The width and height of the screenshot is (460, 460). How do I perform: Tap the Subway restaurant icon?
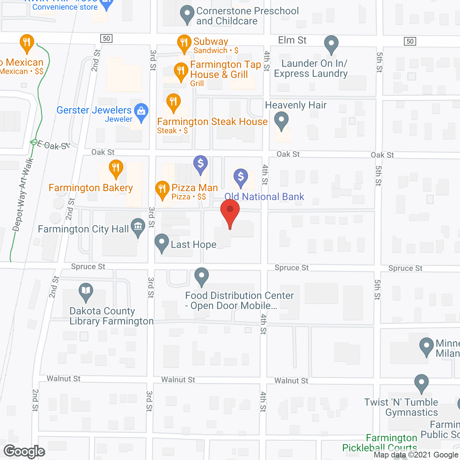(184, 43)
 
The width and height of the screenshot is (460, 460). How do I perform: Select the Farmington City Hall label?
(83, 229)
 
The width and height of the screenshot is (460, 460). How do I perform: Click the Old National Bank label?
(264, 197)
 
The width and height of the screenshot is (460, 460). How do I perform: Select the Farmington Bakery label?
(91, 188)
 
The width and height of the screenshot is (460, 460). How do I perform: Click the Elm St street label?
(292, 40)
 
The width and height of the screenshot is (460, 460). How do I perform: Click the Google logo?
(24, 451)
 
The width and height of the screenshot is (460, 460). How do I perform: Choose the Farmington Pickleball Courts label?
(380, 443)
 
